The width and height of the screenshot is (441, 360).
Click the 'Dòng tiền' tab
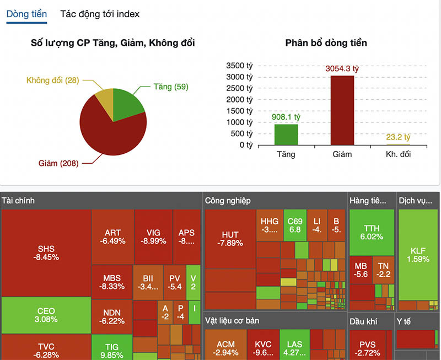click(x=26, y=14)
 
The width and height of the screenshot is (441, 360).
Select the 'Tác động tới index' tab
click(x=100, y=14)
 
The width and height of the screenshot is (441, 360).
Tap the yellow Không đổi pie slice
click(x=105, y=98)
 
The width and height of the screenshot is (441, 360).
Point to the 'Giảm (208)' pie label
click(x=58, y=163)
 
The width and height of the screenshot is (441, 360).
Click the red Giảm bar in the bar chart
click(x=342, y=110)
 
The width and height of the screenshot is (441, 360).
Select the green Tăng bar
click(x=286, y=135)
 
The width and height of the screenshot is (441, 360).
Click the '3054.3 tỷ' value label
click(x=342, y=69)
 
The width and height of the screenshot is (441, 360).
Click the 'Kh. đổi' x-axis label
click(x=398, y=154)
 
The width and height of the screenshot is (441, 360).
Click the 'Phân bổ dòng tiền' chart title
click(x=326, y=42)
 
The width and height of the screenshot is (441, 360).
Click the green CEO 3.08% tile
click(x=46, y=314)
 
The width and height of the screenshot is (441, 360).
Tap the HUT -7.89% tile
click(x=229, y=239)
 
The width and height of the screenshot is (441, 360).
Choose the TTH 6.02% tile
click(x=372, y=232)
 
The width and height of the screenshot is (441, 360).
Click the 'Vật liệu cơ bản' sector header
click(x=232, y=320)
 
